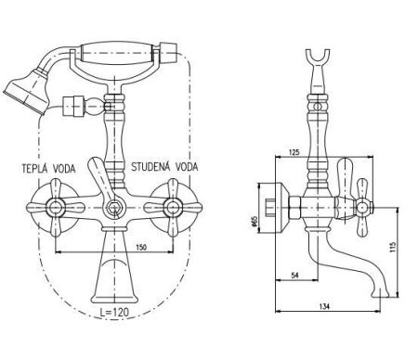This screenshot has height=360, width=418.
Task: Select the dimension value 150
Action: tap(140, 248)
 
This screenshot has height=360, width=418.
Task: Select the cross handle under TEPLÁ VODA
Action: tap(53, 206)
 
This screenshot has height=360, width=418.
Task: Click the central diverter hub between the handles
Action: tap(112, 208)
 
